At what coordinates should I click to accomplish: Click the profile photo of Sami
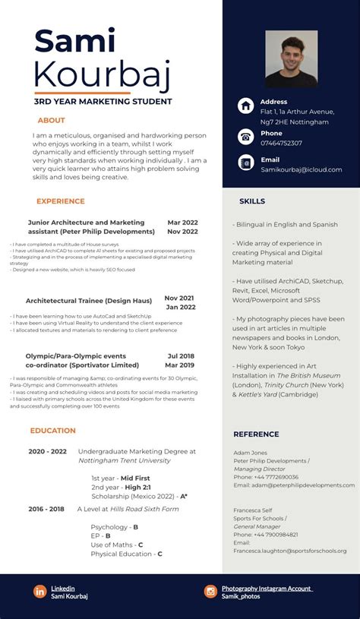291,58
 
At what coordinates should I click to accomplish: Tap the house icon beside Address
245,106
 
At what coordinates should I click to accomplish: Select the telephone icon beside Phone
245,137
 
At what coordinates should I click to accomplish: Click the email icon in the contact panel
245,163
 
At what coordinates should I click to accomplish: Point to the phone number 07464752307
281,143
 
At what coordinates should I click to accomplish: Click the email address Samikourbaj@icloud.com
301,169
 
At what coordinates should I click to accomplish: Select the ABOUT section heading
52,120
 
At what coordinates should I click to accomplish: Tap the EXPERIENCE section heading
61,201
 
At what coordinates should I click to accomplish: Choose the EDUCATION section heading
53,431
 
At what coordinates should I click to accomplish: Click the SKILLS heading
252,201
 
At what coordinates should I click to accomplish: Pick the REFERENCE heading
256,434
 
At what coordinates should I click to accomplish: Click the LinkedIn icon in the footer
39,591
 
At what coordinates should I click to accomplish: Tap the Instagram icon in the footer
210,591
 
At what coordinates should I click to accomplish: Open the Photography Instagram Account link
267,588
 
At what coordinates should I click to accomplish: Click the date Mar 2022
182,223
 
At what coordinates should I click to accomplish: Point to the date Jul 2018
181,355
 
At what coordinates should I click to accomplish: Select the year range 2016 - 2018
46,509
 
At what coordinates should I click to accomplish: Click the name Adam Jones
250,453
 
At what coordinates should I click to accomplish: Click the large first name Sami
74,43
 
